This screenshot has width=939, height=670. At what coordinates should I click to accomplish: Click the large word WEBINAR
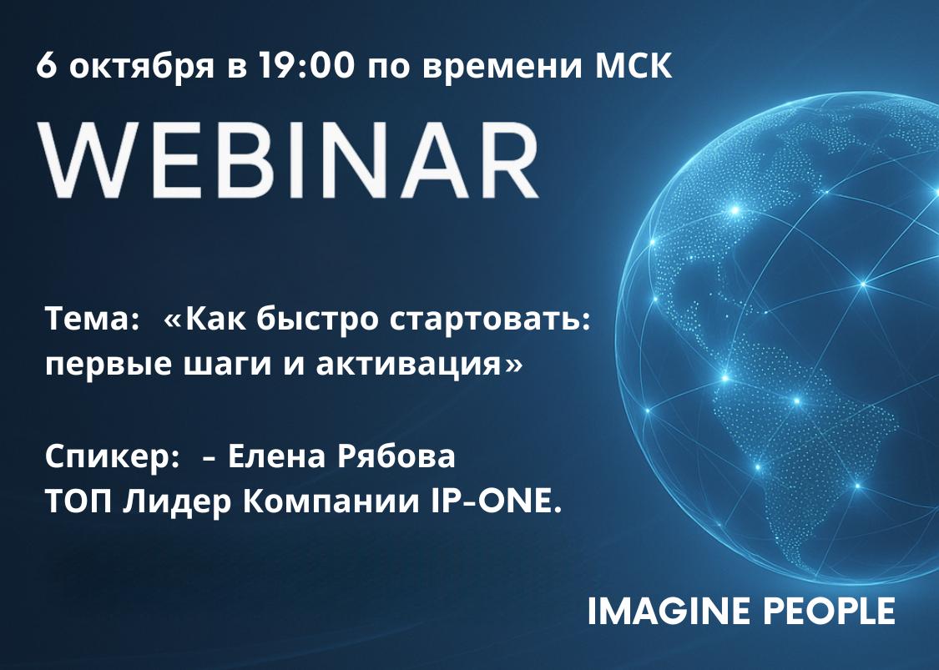coord(288,160)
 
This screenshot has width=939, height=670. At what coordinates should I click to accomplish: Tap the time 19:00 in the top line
coord(306,65)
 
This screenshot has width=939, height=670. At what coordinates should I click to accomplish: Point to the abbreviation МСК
coord(634,65)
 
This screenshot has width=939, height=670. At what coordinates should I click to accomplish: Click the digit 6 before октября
coord(47,65)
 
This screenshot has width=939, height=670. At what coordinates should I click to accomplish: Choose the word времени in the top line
coord(502,67)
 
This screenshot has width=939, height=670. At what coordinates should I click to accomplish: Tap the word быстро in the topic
coord(317,320)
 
